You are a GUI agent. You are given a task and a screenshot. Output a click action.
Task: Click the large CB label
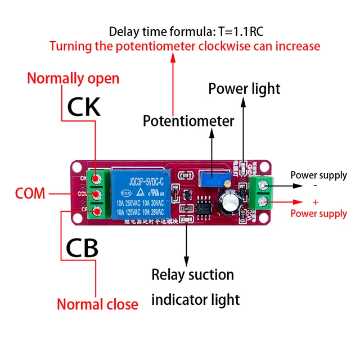[82, 247]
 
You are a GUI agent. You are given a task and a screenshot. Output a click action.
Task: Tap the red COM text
[30, 194]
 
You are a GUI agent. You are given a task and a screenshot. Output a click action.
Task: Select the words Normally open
[73, 78]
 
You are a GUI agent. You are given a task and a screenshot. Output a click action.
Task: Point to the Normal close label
[97, 304]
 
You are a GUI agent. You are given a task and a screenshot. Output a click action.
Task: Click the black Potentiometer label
[188, 121]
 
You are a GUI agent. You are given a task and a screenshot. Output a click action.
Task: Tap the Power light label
[244, 89]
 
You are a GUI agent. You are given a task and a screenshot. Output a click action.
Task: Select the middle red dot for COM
[97, 195]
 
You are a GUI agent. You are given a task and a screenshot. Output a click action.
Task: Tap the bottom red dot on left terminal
[97, 211]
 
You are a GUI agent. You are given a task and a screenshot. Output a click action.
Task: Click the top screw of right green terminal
[262, 185]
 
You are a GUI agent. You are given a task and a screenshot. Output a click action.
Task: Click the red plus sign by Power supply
[315, 202]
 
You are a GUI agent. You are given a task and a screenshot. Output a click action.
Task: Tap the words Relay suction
[192, 275]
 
